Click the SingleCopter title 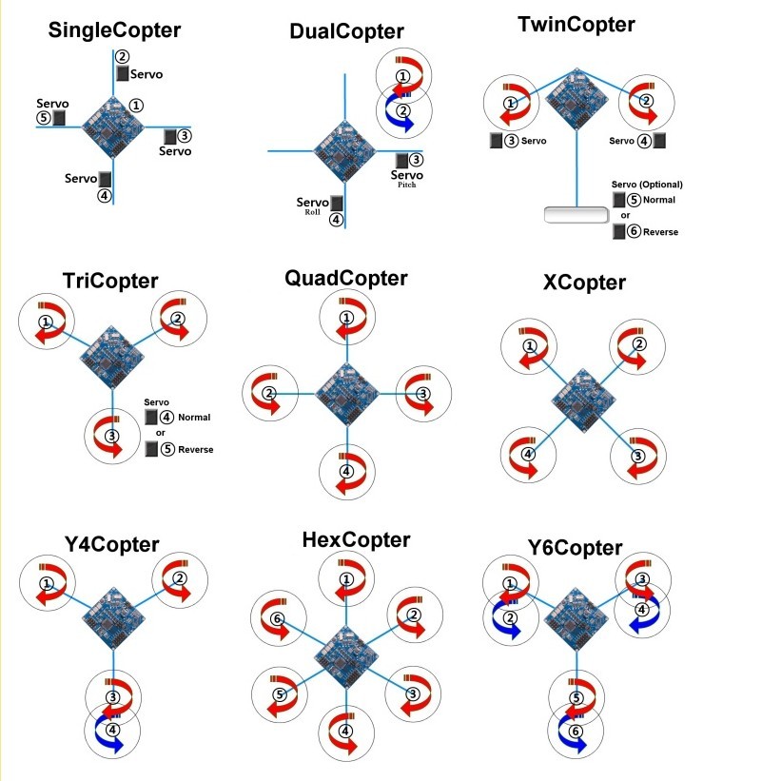115,30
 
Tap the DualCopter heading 346,31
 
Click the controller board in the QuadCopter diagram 346,392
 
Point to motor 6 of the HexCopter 278,619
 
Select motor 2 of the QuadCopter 271,393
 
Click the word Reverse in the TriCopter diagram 195,450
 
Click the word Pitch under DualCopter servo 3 407,185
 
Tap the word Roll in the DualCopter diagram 311,212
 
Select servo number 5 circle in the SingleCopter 44,118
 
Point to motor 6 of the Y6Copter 576,731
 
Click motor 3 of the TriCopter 113,437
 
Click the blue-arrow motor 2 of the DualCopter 404,110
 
